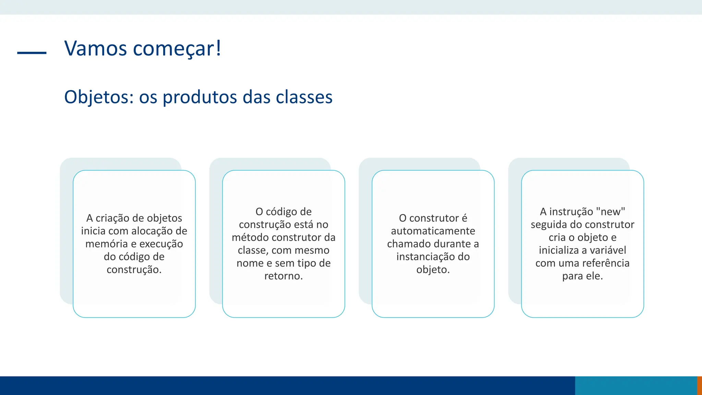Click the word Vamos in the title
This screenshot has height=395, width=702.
pyautogui.click(x=96, y=48)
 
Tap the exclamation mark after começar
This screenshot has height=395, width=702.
pyautogui.click(x=218, y=48)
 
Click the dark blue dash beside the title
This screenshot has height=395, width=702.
pyautogui.click(x=32, y=53)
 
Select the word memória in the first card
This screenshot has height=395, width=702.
pyautogui.click(x=106, y=244)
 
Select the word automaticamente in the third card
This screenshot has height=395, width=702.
pyautogui.click(x=433, y=231)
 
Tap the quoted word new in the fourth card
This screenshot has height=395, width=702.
pyautogui.click(x=610, y=212)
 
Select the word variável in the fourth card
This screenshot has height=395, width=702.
pyautogui.click(x=607, y=250)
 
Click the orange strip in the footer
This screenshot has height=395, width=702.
pyautogui.click(x=699, y=386)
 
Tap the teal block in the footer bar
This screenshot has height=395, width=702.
pyautogui.click(x=636, y=386)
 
